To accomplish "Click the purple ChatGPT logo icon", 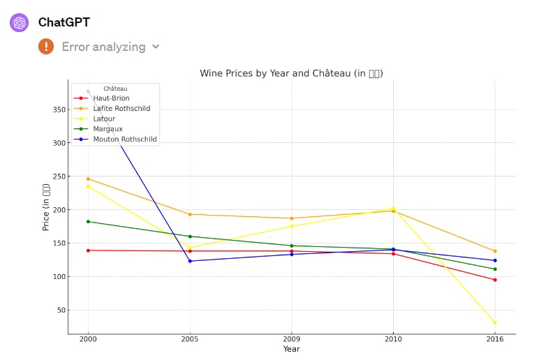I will click(20, 22).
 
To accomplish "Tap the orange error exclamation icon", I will click(46, 47).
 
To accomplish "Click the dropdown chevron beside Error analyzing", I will click(156, 47).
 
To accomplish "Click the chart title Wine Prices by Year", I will click(291, 73).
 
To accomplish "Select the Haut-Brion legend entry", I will click(111, 98).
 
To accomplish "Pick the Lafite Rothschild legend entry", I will click(121, 108).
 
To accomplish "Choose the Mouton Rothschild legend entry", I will click(125, 139).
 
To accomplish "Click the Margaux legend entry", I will click(108, 128).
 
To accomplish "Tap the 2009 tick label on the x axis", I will click(291, 339).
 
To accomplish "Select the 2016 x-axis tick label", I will click(495, 339).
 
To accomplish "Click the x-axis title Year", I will click(291, 349).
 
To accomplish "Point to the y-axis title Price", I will click(46, 207).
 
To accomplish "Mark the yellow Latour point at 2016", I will click(495, 322).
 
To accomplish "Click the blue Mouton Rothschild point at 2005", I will click(190, 261).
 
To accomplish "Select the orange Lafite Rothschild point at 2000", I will click(88, 179).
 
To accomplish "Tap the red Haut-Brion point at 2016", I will click(495, 280).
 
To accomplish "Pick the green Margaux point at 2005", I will click(190, 237).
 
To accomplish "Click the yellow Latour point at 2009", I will click(292, 226).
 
